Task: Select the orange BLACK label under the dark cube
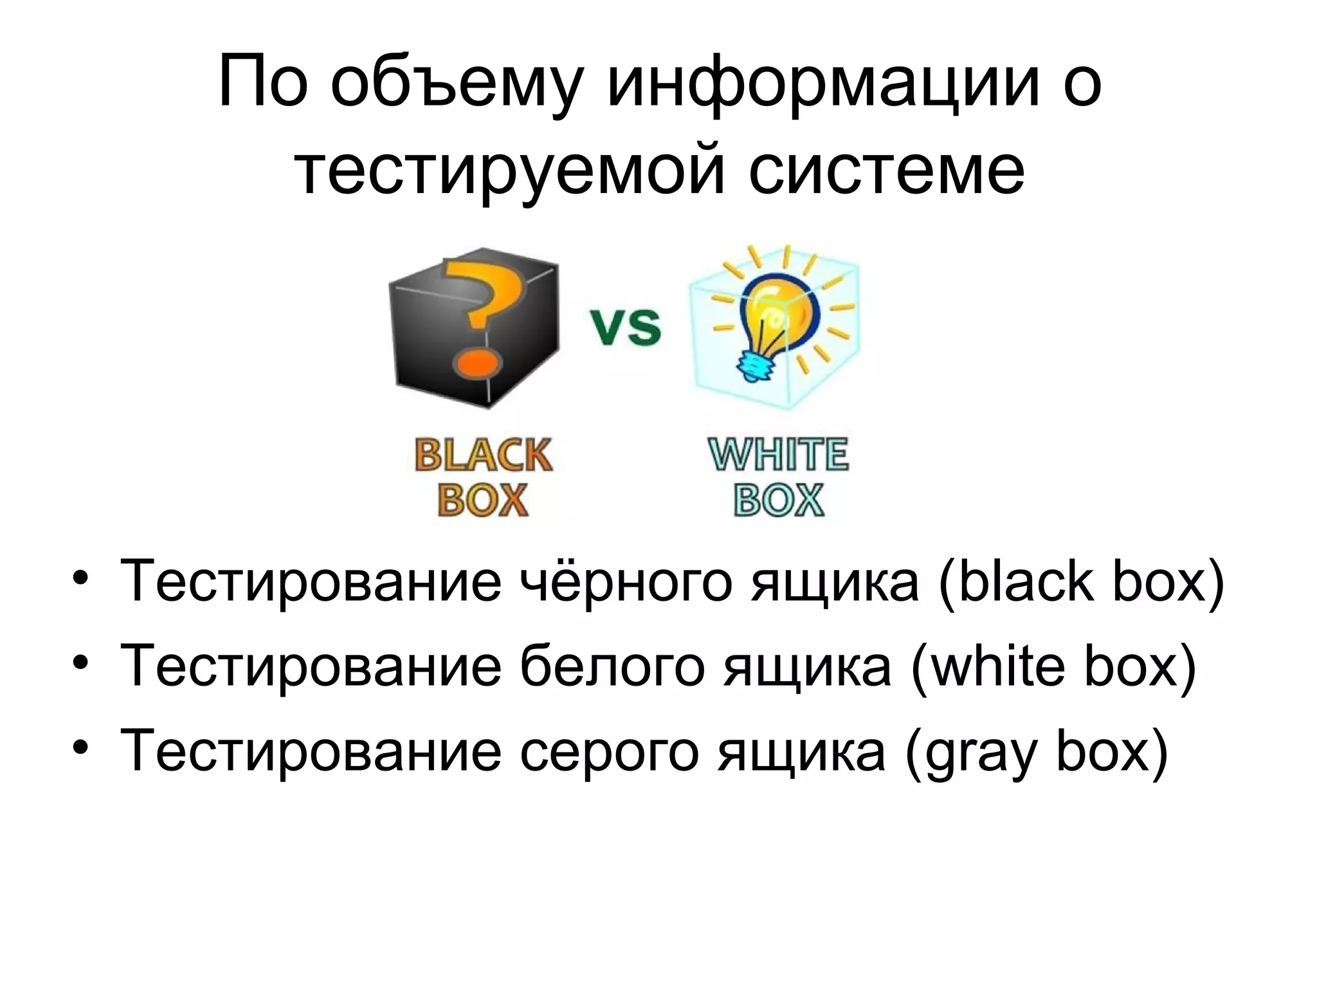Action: pyautogui.click(x=484, y=455)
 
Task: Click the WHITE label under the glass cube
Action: pyautogui.click(x=779, y=455)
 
